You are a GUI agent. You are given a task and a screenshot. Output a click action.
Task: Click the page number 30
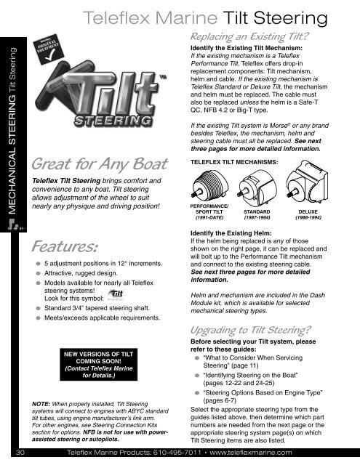pos(22,452)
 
